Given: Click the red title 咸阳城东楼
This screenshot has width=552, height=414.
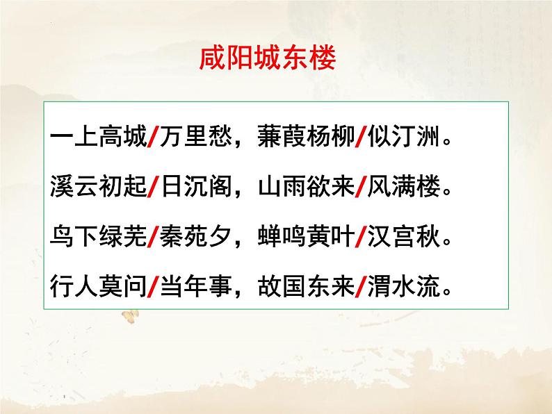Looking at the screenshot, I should (x=268, y=59).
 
